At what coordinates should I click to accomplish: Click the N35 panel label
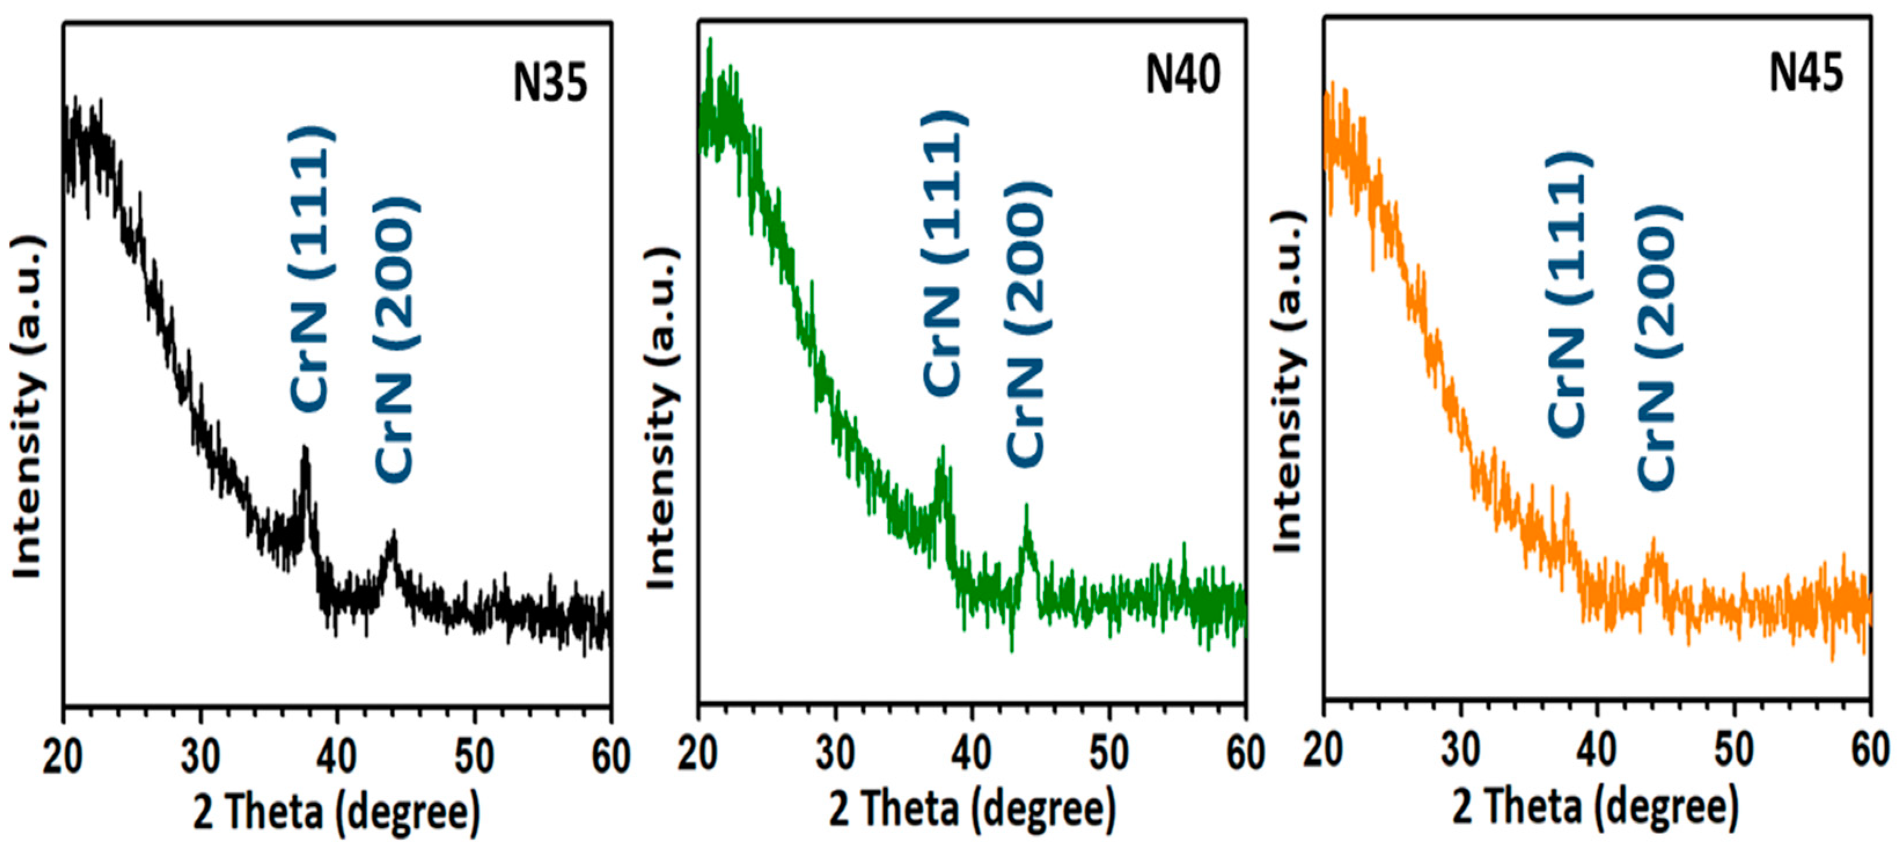550,83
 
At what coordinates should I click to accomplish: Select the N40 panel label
1183,75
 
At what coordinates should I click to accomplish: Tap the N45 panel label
1807,74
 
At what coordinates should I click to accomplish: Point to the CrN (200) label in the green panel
1026,324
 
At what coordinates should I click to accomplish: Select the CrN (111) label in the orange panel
1569,295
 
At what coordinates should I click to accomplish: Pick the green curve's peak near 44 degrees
1026,507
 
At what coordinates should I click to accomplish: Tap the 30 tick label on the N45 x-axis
1460,751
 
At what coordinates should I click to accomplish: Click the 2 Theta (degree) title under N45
1595,809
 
